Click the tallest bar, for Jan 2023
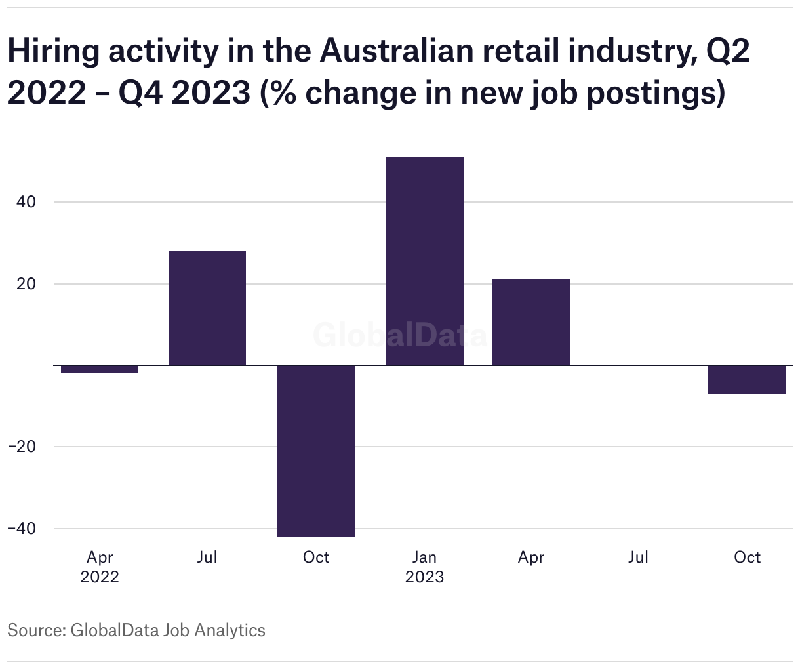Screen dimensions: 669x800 click(x=424, y=261)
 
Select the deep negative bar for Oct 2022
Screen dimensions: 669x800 click(x=316, y=451)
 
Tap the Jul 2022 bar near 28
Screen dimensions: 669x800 click(x=207, y=308)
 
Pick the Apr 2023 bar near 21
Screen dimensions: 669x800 click(x=530, y=322)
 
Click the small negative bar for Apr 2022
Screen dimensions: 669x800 click(x=100, y=369)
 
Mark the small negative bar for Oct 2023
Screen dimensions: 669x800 click(x=747, y=379)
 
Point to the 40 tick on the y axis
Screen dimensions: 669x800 click(x=26, y=202)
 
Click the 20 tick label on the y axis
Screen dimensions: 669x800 click(x=26, y=284)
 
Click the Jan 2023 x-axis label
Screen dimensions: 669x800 click(x=424, y=567)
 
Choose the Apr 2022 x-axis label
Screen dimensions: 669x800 click(x=100, y=567)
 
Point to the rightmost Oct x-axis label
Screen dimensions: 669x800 click(x=747, y=557)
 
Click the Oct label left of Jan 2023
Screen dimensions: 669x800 click(x=316, y=557)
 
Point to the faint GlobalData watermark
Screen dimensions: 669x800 click(x=400, y=335)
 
